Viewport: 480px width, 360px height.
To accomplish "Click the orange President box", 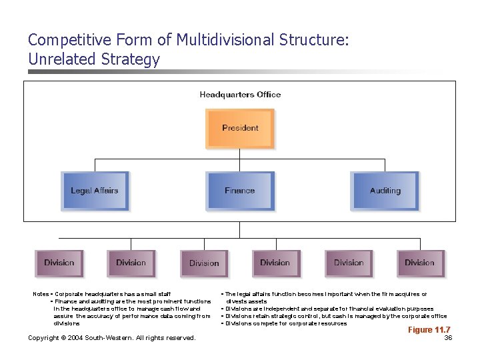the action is pyautogui.click(x=240, y=128).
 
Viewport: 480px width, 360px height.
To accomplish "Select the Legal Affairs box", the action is pyautogui.click(x=94, y=191).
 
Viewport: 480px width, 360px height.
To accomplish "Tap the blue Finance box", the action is pyautogui.click(x=239, y=191).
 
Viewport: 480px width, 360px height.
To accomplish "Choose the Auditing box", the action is pyautogui.click(x=385, y=191).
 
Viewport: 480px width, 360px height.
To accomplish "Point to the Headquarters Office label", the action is pyautogui.click(x=240, y=95).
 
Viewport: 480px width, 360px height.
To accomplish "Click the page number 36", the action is pyautogui.click(x=448, y=338).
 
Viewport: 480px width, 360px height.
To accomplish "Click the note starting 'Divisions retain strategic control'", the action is pyautogui.click(x=333, y=316).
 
